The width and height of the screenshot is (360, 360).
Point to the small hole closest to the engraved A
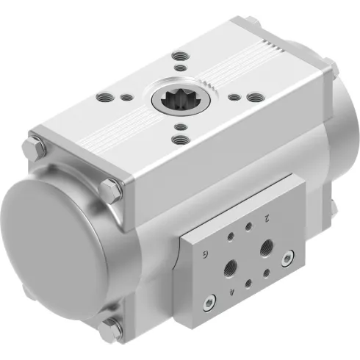(248, 282)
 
